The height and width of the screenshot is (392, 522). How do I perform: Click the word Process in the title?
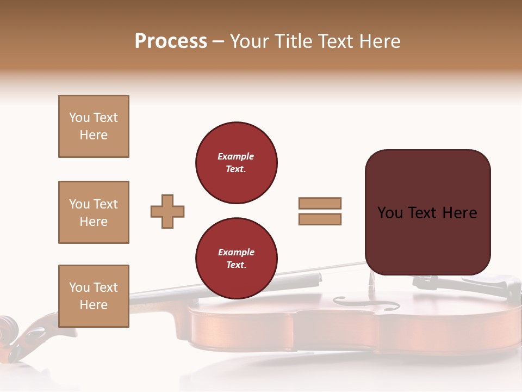[x=171, y=41]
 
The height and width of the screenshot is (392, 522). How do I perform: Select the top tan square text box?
[x=94, y=126]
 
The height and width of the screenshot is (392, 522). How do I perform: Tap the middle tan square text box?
[x=94, y=212]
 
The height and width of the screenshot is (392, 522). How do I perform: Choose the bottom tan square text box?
[x=94, y=296]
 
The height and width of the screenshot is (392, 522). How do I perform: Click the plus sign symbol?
[x=167, y=211]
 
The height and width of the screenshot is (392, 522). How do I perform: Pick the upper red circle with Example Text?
[x=236, y=162]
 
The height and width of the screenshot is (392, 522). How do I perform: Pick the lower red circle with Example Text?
[x=236, y=258]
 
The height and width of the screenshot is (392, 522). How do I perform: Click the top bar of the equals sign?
[x=320, y=203]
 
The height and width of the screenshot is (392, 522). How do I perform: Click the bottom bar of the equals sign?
[x=320, y=219]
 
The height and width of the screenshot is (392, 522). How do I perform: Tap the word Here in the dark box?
[x=459, y=213]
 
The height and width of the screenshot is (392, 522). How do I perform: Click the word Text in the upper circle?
[x=235, y=169]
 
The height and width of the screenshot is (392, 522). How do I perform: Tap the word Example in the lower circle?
[x=236, y=252]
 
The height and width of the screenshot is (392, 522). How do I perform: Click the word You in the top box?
[x=79, y=118]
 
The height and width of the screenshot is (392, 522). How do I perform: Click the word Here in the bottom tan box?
[x=94, y=305]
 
